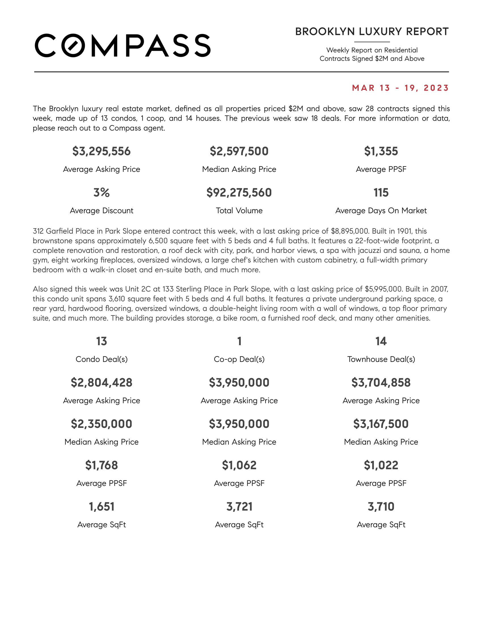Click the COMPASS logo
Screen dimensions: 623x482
[122, 46]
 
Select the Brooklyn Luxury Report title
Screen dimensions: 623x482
[372, 32]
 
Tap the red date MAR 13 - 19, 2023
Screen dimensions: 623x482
[400, 88]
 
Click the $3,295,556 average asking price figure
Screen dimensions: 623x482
[102, 151]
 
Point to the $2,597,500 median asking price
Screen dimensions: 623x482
[239, 151]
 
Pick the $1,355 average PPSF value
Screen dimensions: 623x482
[381, 151]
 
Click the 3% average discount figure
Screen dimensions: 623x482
[102, 193]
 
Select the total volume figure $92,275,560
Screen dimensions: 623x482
[239, 193]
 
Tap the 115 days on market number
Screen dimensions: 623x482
[381, 193]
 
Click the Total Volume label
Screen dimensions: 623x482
[239, 210]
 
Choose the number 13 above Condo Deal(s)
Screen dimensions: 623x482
[102, 341]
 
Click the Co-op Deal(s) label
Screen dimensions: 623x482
[239, 359]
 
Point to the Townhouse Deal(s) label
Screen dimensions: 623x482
[381, 359]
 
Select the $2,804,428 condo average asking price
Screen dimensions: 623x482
[102, 383]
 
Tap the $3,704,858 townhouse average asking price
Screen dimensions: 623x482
[381, 383]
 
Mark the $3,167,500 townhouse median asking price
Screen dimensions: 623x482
[381, 424]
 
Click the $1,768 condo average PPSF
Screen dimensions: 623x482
[102, 465]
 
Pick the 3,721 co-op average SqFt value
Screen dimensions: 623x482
[239, 507]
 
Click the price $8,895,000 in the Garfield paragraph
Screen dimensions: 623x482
[349, 231]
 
